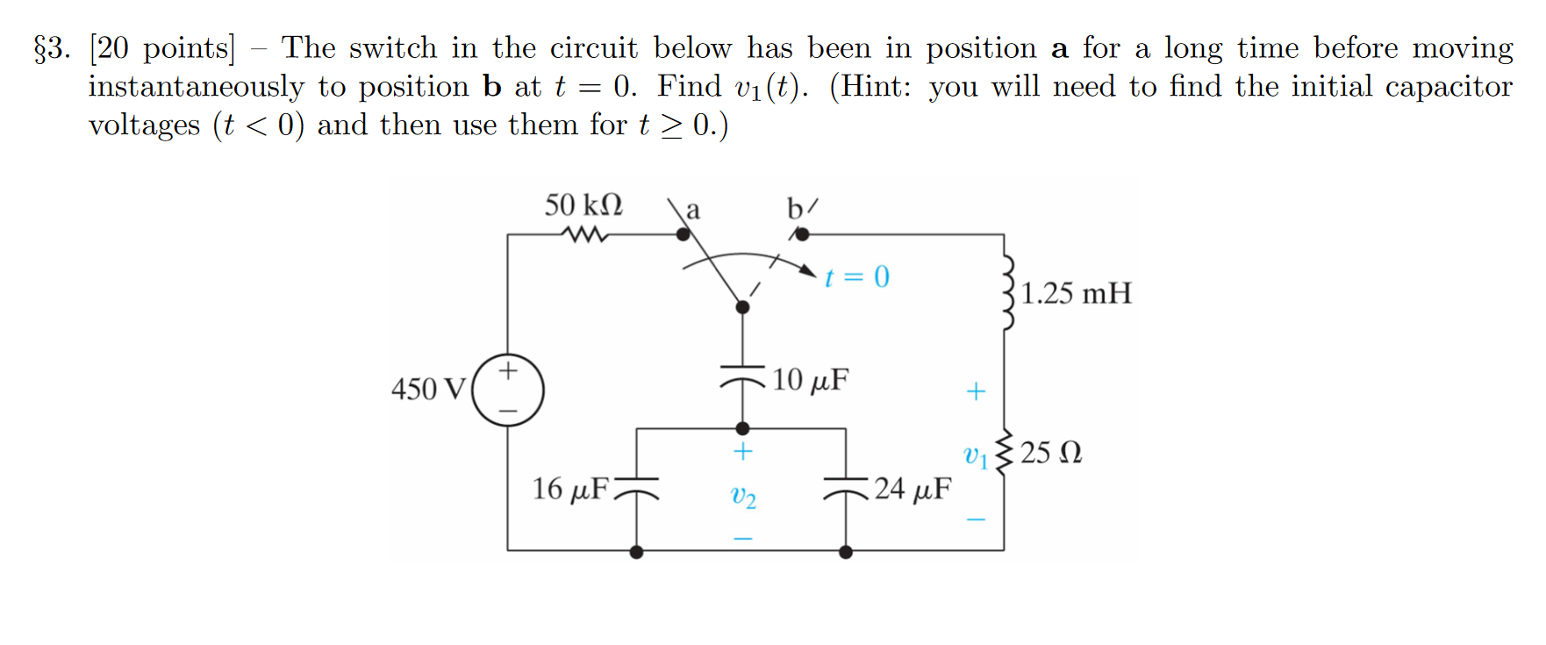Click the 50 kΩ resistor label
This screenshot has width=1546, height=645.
click(x=583, y=205)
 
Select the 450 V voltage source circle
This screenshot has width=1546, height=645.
click(x=508, y=390)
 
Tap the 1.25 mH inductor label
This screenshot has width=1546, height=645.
click(x=1076, y=293)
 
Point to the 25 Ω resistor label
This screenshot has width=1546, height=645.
click(x=1051, y=453)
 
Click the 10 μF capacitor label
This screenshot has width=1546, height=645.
click(x=810, y=380)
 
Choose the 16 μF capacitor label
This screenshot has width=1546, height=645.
click(x=570, y=489)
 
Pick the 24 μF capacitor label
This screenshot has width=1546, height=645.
click(x=913, y=489)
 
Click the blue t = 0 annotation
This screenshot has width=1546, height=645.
click(x=857, y=277)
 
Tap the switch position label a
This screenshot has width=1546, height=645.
click(x=693, y=211)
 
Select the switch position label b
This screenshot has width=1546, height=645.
click(x=795, y=209)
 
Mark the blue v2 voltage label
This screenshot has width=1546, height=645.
click(x=743, y=497)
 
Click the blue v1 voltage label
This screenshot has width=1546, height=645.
click(x=975, y=455)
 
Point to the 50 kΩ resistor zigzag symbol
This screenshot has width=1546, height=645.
click(x=585, y=235)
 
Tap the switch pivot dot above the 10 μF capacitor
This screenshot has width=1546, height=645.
click(x=742, y=307)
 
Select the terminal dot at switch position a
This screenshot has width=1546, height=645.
click(x=683, y=234)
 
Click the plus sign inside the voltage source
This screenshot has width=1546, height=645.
click(x=508, y=371)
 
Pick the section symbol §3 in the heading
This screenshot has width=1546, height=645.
click(x=52, y=48)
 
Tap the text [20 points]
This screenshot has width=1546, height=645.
click(x=162, y=48)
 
